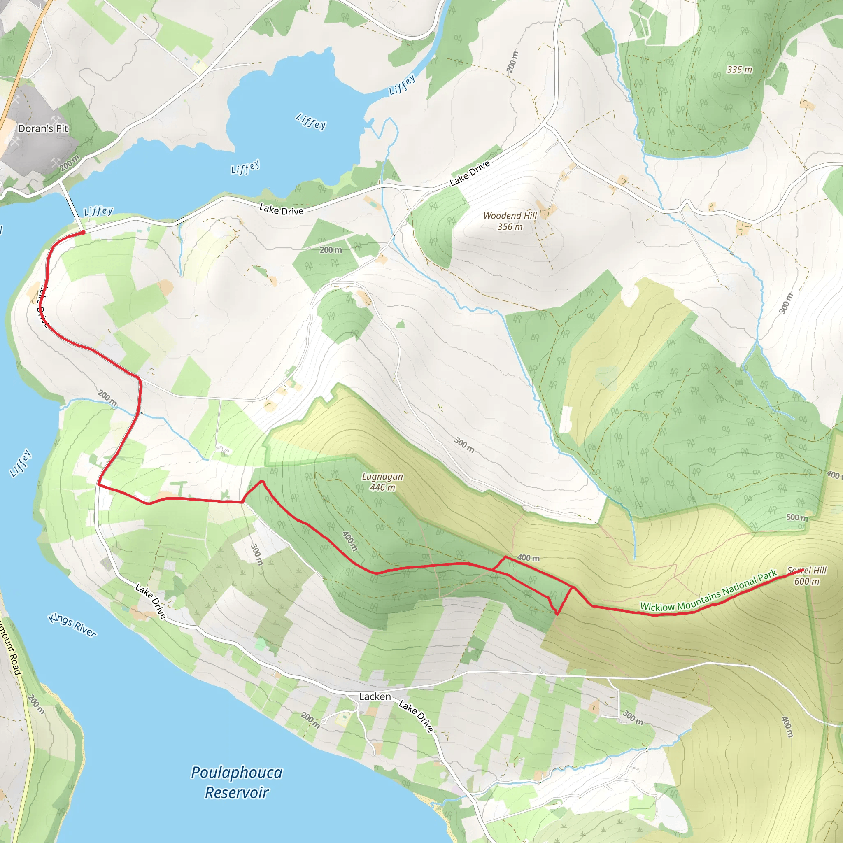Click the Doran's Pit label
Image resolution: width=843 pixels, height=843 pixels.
[43, 128]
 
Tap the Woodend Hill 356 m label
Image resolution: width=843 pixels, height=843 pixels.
[510, 221]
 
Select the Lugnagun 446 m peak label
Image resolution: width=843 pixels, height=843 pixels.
[382, 482]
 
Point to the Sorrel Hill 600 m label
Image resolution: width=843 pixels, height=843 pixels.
[807, 575]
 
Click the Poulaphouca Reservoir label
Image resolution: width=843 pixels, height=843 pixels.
[237, 782]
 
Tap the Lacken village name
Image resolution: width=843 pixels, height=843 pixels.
[375, 696]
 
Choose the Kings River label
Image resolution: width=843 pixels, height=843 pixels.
[72, 625]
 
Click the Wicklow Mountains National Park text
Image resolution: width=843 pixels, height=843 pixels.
[708, 591]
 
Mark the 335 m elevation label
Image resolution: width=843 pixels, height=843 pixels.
[739, 70]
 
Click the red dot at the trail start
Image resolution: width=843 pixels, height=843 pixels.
[83, 233]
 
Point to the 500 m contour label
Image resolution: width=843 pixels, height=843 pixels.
[797, 517]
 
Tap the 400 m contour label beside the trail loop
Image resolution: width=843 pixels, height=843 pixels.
[528, 558]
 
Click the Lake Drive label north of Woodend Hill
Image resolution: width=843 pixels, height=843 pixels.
[470, 173]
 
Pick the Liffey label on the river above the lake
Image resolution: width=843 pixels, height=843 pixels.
[401, 85]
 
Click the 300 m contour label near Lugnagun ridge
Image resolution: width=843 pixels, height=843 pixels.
[464, 445]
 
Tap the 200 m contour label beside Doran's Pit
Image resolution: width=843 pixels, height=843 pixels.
[70, 163]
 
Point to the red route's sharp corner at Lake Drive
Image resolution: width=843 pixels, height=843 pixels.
[99, 484]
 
